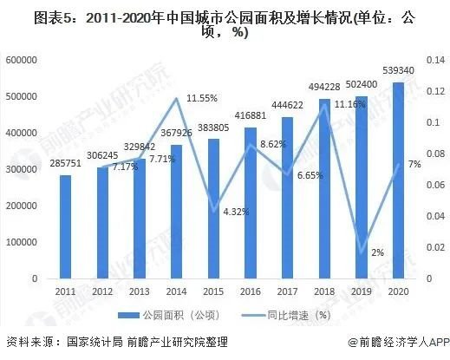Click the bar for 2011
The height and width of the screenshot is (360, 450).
pos(65,226)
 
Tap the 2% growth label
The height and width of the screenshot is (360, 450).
pos(377,252)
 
